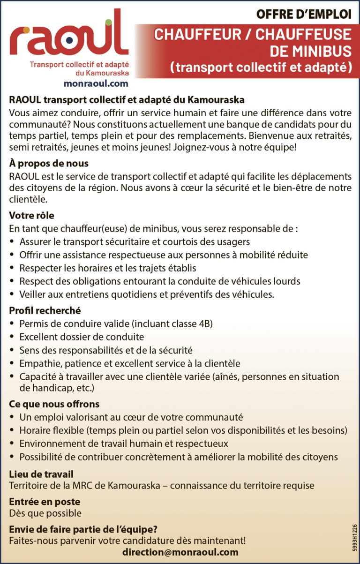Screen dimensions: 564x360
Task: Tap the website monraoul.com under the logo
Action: [x=96, y=83]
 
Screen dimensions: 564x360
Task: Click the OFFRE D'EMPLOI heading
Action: [x=303, y=15]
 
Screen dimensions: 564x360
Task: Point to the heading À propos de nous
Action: [x=49, y=164]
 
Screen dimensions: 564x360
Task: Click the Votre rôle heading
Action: [x=32, y=216]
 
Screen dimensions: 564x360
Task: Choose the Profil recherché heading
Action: [x=45, y=310]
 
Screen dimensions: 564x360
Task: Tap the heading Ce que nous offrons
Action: [x=54, y=404]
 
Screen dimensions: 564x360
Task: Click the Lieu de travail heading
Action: [x=41, y=474]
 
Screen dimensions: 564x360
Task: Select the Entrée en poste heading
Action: [x=45, y=502]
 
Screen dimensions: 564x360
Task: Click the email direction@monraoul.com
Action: [x=180, y=552]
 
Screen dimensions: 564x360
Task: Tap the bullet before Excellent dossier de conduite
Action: [x=12, y=337]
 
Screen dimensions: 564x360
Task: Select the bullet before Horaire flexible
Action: [x=12, y=430]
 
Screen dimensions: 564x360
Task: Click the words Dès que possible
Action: [x=45, y=513]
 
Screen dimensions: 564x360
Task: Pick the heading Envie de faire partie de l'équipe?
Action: [x=83, y=530]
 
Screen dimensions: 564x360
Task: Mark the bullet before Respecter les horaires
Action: [x=12, y=269]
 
